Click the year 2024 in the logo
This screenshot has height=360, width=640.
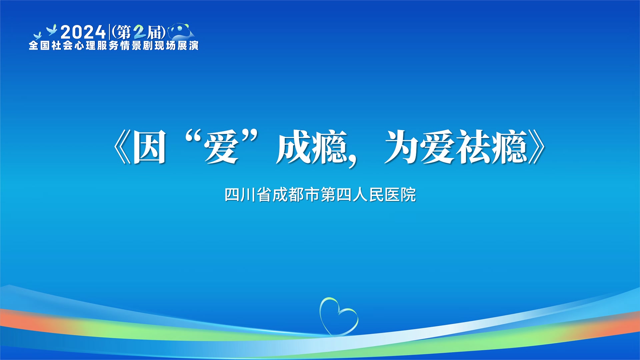83,32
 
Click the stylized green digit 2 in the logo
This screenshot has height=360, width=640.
139,32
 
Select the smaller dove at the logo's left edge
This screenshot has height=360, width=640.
37,36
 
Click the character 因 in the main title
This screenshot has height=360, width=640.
150,147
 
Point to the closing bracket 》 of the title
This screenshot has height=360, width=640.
537,147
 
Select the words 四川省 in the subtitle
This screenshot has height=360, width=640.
248,195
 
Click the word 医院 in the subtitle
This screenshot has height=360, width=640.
400,195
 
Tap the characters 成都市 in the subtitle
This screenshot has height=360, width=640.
296,195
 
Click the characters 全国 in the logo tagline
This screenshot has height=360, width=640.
39,45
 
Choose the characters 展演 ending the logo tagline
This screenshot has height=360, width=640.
188,45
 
